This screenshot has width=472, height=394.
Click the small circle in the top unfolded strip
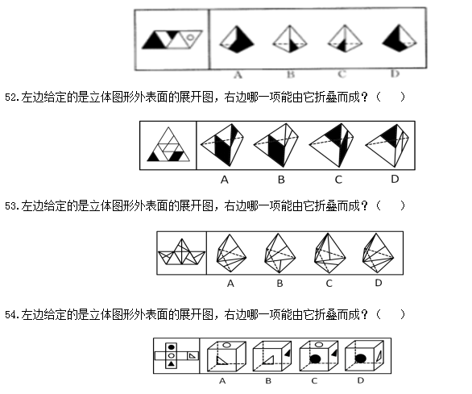[190, 37]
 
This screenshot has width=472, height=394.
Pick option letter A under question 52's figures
[224, 180]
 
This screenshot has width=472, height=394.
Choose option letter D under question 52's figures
[395, 179]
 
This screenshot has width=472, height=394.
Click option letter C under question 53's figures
[329, 284]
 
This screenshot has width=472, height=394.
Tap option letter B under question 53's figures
[279, 284]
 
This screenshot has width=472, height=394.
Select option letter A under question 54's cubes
[222, 381]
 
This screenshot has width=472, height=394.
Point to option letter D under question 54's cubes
[361, 381]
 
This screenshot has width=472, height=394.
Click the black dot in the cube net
[172, 347]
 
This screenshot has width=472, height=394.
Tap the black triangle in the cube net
[172, 364]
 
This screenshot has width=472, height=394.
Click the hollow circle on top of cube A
[226, 345]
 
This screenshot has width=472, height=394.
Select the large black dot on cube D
[360, 359]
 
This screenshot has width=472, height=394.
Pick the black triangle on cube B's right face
[288, 353]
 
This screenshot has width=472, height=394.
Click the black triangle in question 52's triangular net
[154, 156]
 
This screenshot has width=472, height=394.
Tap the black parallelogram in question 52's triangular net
[176, 156]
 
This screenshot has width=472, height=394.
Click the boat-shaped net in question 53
[181, 252]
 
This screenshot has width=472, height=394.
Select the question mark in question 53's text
[365, 206]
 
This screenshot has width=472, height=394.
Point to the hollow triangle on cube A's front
[222, 360]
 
